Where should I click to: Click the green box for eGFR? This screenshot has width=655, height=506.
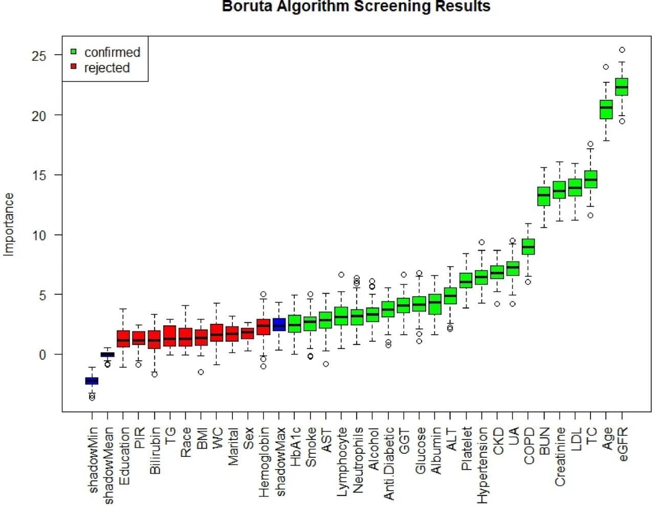pos(622,87)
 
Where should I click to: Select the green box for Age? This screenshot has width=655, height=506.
pos(606,109)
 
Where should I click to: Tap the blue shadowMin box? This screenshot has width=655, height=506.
pos(92,381)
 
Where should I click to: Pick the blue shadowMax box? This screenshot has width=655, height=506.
pos(279,324)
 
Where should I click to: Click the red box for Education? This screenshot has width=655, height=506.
pos(123,339)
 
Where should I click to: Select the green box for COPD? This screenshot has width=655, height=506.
pos(528,247)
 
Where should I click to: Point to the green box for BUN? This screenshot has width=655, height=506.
pos(543,196)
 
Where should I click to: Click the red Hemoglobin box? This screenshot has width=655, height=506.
pos(263,327)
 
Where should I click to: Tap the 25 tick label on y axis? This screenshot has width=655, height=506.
pos(38,56)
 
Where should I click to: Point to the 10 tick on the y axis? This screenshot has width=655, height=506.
pos(38,235)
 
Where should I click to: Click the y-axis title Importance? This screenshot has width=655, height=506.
pos(9,224)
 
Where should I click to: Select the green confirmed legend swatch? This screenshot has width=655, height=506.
pos(73,52)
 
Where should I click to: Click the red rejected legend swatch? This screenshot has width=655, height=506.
pos(73,67)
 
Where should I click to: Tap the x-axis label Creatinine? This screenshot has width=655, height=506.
pos(560,457)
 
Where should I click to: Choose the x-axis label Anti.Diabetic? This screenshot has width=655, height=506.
pos(389,464)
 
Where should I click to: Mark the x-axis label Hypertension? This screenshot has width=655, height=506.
pos(482,465)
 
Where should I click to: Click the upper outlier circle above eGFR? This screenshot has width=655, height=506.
pos(622,50)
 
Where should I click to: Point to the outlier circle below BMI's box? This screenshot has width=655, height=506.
pos(201,372)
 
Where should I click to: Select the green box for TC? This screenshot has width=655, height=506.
pos(591,179)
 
